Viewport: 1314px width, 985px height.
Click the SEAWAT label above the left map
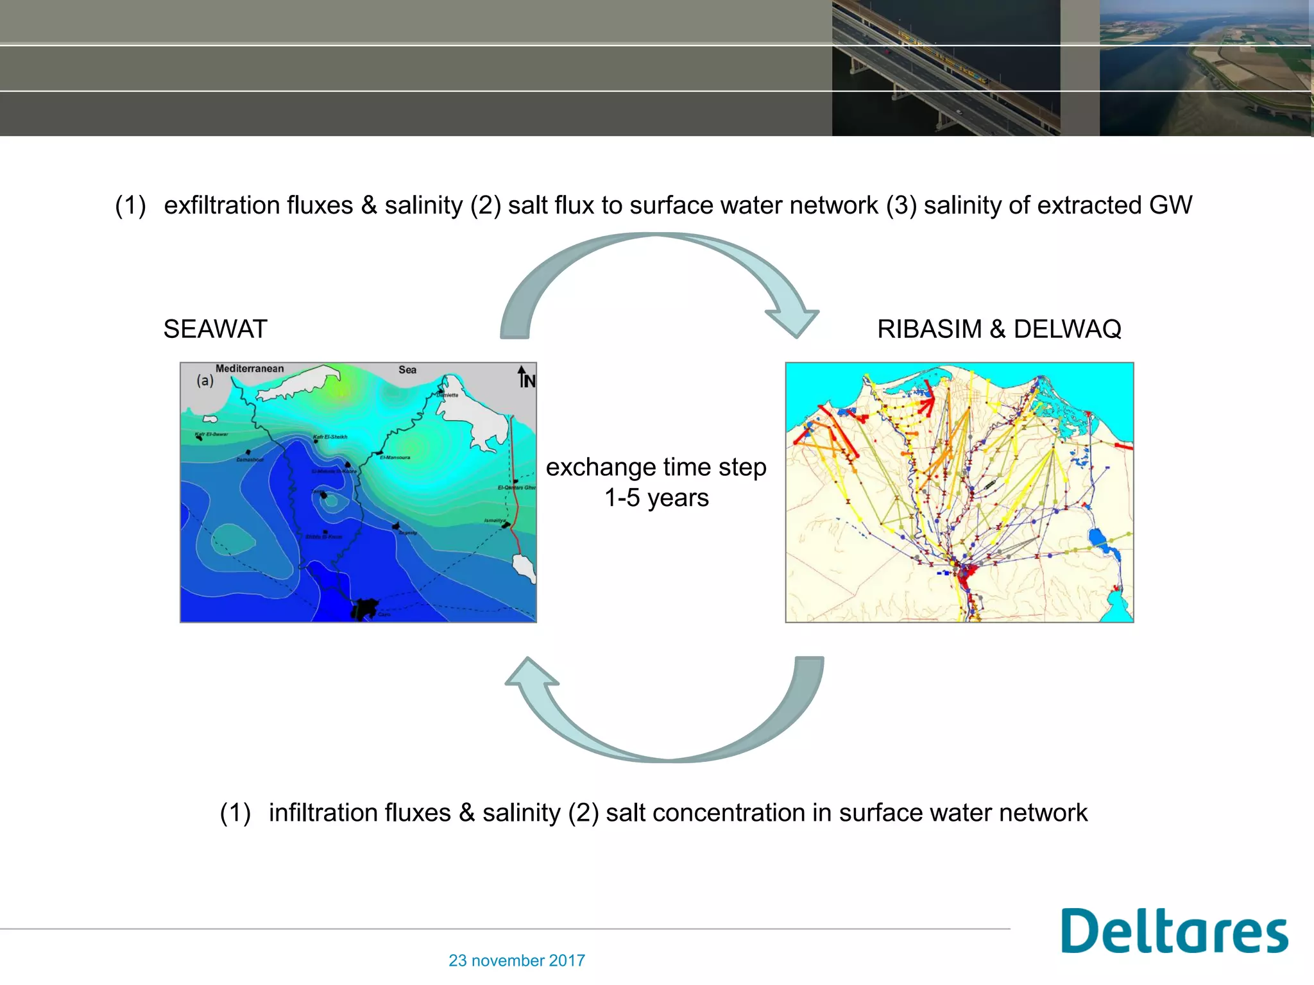[215, 329]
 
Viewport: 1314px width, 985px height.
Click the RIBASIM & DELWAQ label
[999, 329]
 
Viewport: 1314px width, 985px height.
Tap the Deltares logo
[1174, 931]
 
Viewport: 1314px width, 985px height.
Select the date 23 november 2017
[516, 961]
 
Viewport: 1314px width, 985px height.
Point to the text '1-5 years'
[656, 498]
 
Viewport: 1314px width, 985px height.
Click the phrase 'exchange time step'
[656, 467]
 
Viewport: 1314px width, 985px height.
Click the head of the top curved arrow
[793, 321]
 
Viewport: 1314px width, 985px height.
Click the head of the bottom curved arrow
[531, 673]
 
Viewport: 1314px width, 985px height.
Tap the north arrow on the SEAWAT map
[525, 377]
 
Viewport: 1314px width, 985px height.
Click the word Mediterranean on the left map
[250, 369]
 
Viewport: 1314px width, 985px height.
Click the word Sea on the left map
[407, 370]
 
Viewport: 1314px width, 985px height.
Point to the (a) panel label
[205, 380]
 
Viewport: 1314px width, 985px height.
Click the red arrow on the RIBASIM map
[926, 404]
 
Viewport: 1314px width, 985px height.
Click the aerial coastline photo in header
[1206, 68]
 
